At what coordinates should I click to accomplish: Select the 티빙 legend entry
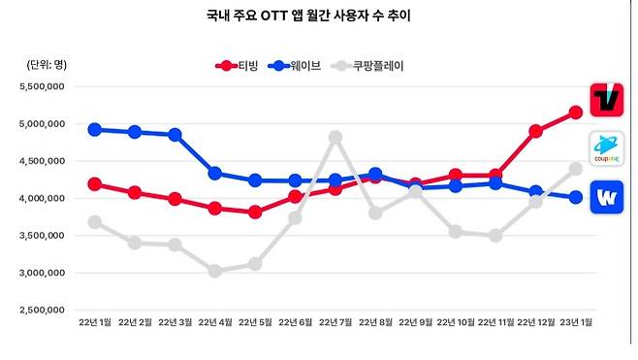tap(238, 66)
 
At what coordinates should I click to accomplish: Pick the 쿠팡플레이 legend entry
tap(367, 66)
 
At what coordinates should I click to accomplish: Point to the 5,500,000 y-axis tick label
tap(42, 86)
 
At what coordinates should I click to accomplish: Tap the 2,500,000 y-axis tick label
tap(42, 311)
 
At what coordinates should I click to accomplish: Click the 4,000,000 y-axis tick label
tap(42, 199)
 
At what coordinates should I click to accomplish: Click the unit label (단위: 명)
tap(46, 64)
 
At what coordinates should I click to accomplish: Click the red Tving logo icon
tap(606, 99)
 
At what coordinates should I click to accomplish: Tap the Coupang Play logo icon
tap(606, 148)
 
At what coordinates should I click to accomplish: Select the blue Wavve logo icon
tap(606, 197)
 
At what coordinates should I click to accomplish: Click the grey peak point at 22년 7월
tap(335, 138)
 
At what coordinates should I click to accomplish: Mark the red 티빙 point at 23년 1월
tap(575, 113)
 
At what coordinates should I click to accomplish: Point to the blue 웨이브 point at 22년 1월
tap(94, 129)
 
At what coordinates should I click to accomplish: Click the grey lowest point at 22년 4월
tap(214, 271)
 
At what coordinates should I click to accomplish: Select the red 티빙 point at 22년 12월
tap(535, 131)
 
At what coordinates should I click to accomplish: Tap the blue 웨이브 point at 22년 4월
tap(214, 174)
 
